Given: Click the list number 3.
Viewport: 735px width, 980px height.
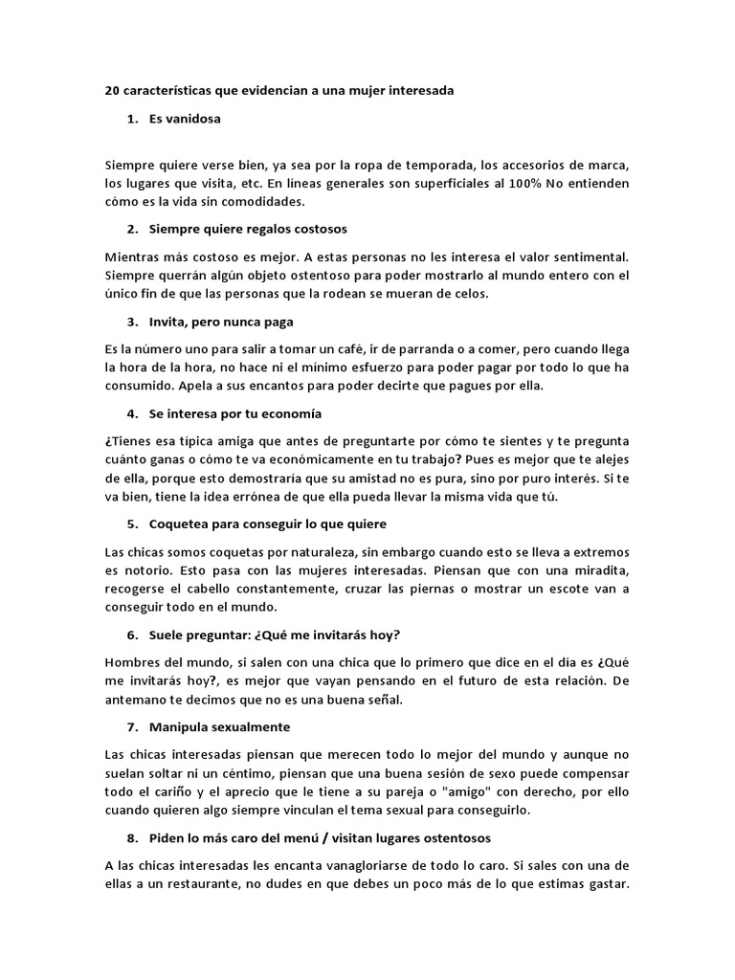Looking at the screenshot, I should [x=132, y=323].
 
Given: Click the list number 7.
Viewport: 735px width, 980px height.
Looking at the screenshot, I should [x=132, y=727].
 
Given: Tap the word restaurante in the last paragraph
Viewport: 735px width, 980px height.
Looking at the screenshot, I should [x=204, y=884].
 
